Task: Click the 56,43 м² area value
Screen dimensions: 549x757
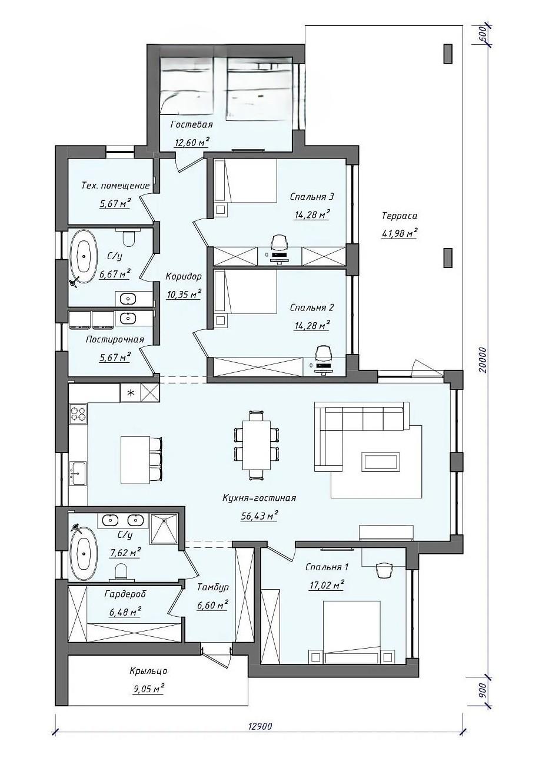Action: click(x=259, y=517)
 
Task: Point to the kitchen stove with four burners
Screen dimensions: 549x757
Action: click(x=78, y=414)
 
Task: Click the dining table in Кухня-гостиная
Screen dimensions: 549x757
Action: click(x=257, y=445)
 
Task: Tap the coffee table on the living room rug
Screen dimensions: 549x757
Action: click(x=381, y=462)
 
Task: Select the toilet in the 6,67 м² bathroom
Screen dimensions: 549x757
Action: click(x=128, y=237)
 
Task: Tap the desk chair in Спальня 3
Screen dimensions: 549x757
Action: click(x=280, y=243)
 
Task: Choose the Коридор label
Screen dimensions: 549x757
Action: click(x=184, y=276)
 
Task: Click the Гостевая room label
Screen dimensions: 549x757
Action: click(x=191, y=125)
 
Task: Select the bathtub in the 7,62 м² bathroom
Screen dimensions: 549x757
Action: click(x=84, y=554)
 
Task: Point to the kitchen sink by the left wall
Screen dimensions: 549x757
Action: click(x=78, y=474)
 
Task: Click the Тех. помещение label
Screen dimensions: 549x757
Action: click(x=115, y=186)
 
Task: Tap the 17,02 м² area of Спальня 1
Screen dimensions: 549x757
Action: click(x=327, y=585)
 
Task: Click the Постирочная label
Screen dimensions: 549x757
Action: click(x=115, y=339)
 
